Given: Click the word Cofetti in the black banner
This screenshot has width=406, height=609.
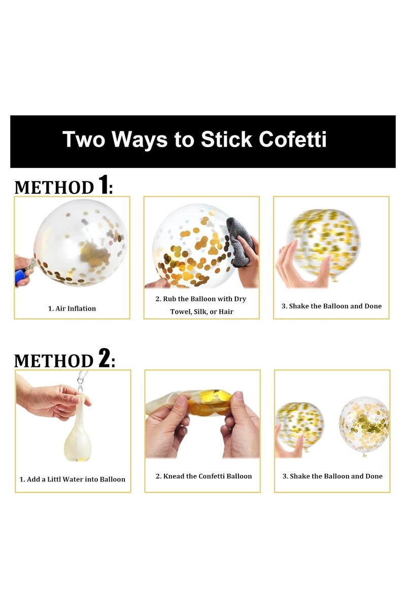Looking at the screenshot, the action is (292, 139).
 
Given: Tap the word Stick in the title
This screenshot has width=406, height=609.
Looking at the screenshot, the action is (226, 139).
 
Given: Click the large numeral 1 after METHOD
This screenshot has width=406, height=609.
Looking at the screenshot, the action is (103, 185).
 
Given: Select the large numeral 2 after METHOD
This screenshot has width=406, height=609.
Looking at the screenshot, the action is (104, 358).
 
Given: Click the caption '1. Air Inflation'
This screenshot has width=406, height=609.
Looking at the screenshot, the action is (72, 309).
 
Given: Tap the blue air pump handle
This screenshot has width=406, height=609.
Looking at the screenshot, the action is (21, 276).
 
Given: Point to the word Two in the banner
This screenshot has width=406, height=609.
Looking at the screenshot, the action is (84, 139).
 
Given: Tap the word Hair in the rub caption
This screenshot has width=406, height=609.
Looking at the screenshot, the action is (226, 312).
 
